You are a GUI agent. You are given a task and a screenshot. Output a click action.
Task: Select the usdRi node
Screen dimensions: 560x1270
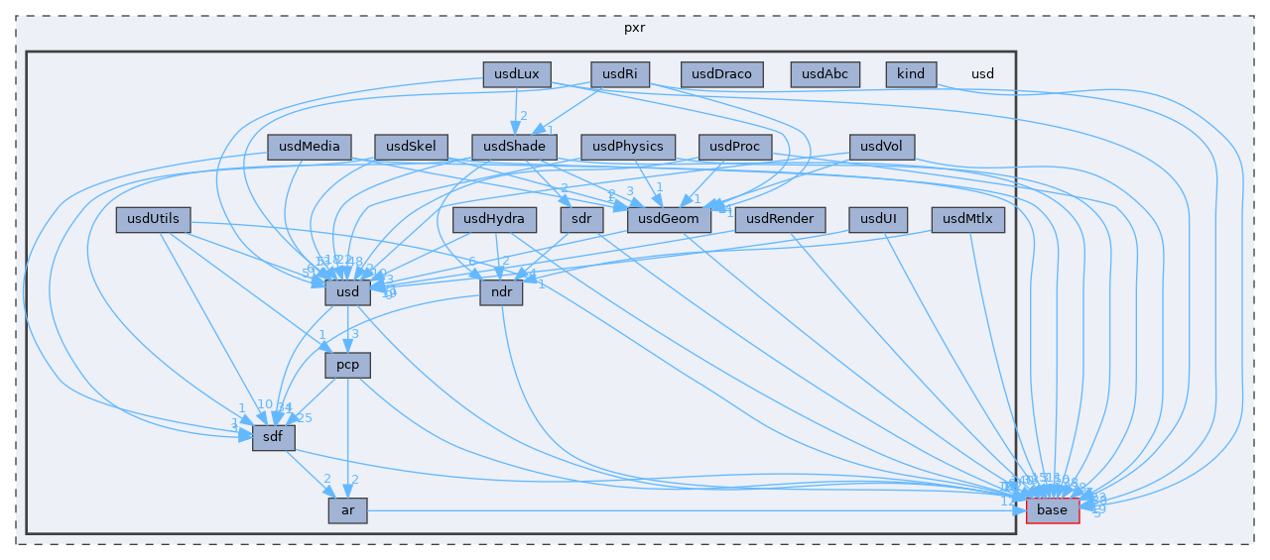tap(620, 74)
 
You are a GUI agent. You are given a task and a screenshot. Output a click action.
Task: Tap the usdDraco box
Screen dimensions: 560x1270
tap(722, 74)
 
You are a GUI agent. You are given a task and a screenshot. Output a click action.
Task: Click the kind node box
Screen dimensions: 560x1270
tap(910, 74)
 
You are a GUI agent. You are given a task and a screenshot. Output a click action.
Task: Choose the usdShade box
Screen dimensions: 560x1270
tap(514, 147)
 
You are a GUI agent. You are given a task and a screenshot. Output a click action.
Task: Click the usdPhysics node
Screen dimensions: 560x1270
tap(628, 147)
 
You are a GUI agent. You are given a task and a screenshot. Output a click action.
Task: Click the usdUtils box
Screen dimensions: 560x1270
tap(153, 219)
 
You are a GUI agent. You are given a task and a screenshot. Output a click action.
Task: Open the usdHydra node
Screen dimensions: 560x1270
tap(494, 219)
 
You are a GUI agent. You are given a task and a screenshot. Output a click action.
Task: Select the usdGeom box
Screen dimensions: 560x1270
tap(670, 219)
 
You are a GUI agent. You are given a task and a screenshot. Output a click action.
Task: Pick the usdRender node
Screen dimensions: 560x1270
tap(780, 219)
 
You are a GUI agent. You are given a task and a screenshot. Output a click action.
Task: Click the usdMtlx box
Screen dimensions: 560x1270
tap(968, 219)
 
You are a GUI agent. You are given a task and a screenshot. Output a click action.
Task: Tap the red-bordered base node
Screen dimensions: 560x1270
tap(1052, 510)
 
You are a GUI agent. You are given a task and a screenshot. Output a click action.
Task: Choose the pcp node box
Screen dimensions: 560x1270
tap(347, 365)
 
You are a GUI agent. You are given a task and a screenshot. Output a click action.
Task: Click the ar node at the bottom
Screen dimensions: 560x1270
tap(347, 510)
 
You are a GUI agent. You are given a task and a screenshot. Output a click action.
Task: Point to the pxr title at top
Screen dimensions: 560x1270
tap(635, 27)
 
